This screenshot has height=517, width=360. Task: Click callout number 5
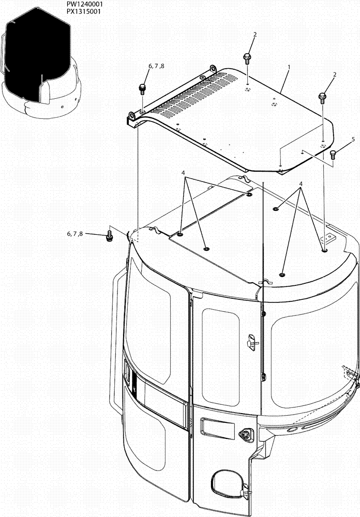click(x=339, y=140)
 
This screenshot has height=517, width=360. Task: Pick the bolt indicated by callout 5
click(x=333, y=154)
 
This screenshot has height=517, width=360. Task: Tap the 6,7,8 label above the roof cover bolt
click(x=156, y=66)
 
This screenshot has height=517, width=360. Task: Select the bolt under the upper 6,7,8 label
click(x=143, y=88)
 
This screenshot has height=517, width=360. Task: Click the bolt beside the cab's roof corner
click(x=110, y=236)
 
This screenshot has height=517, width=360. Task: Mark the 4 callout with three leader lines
click(x=183, y=173)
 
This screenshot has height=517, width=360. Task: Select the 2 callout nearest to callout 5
click(x=335, y=74)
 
